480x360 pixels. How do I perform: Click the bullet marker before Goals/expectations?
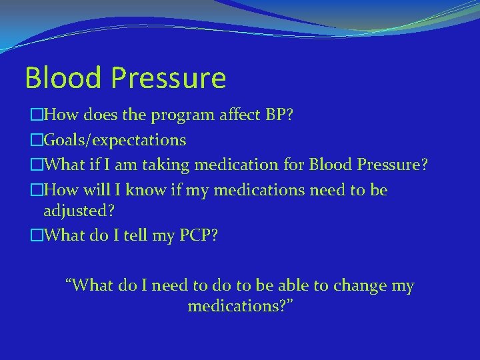coord(36,140)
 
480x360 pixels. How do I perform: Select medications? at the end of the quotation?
coord(241,307)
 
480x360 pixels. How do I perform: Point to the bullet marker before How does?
coord(36,116)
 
